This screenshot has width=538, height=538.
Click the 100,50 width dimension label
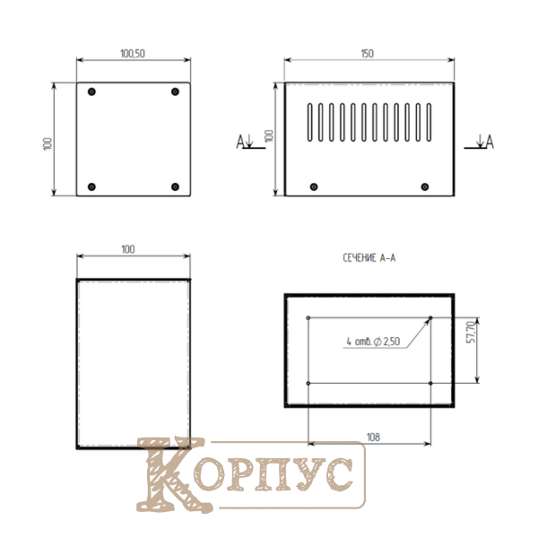[x=133, y=54]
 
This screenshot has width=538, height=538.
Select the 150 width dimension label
[x=367, y=54]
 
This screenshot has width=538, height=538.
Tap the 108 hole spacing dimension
[x=373, y=438]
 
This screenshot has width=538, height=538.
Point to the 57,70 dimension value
[x=473, y=332]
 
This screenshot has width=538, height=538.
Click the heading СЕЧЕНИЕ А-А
[x=369, y=258]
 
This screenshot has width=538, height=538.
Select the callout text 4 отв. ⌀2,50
[x=373, y=342]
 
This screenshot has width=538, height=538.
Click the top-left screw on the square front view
[x=91, y=91]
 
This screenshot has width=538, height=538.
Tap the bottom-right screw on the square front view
[x=175, y=187]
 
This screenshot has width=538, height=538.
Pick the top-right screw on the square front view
[x=175, y=91]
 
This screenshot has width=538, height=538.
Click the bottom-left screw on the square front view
[x=91, y=187]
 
